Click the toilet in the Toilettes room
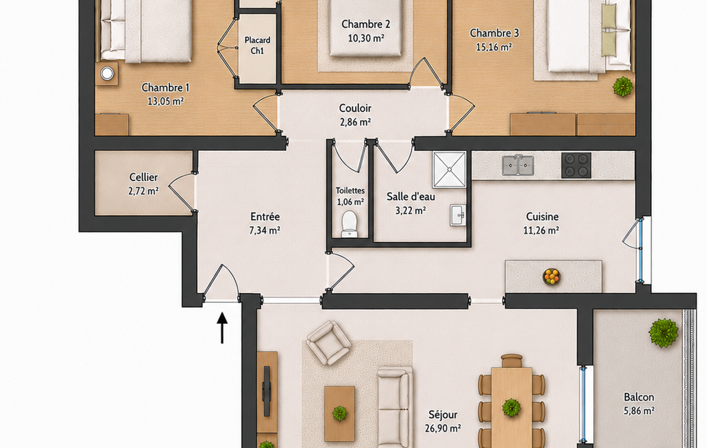[x=350, y=223]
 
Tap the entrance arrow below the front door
[x=222, y=327]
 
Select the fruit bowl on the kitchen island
[x=551, y=276]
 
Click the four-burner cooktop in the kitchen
[x=576, y=165]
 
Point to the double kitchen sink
[x=518, y=165]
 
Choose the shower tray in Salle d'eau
[x=449, y=170]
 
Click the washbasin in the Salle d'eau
[x=458, y=215]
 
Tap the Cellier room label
[x=143, y=177]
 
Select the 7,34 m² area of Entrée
[x=265, y=230]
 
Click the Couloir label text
[x=355, y=108]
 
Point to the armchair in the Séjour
[x=329, y=343]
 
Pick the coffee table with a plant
[x=339, y=414]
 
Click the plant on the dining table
[x=511, y=407]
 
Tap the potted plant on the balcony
[x=664, y=333]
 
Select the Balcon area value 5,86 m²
[x=639, y=411]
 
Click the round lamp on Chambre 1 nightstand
[x=107, y=73]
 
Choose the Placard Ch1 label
[x=257, y=45]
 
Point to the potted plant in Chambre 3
[x=623, y=86]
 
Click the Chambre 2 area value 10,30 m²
[x=366, y=38]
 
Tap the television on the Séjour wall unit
[x=266, y=391]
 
